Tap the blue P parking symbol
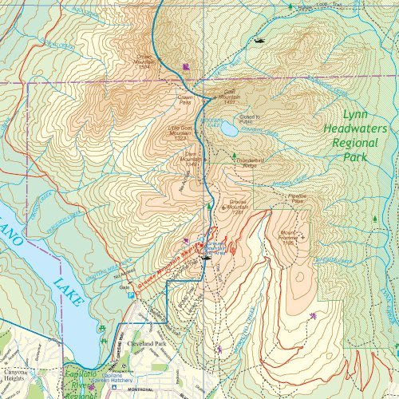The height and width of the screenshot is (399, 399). point(132,294)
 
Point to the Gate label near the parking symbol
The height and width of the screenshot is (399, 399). point(124,286)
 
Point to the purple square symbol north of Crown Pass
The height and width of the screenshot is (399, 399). point(186,67)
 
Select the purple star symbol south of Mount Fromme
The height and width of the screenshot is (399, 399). point(312,317)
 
